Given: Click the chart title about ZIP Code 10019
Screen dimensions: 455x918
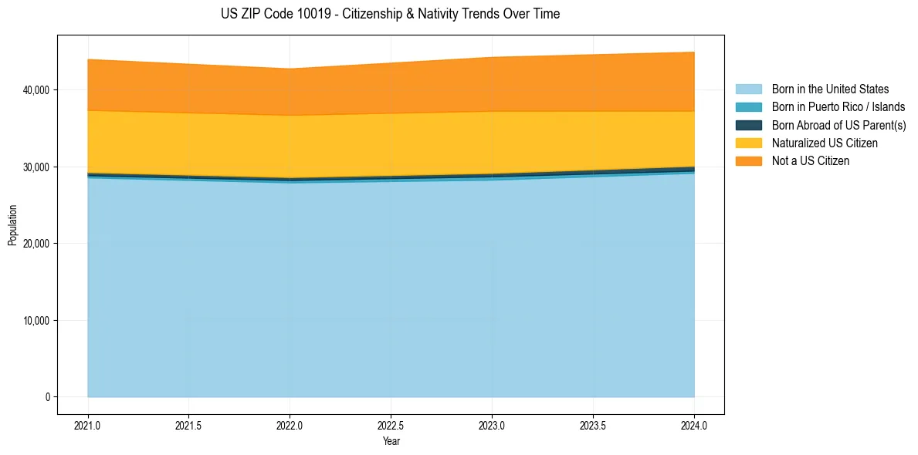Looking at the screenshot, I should [x=390, y=14].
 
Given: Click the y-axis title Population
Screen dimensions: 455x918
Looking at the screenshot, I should [x=12, y=224].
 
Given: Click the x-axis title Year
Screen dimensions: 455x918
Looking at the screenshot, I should [x=391, y=441].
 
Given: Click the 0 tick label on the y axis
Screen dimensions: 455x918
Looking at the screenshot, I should [x=46, y=397].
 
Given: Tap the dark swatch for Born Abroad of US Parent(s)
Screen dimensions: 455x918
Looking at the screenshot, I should [x=748, y=125].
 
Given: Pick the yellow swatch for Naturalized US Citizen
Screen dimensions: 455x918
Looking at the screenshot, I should [x=748, y=143].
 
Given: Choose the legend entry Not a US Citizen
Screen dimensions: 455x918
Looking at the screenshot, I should [x=810, y=161].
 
